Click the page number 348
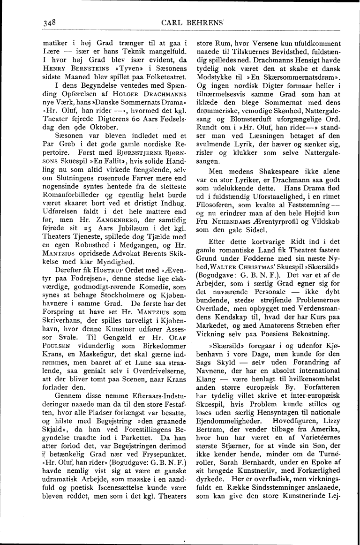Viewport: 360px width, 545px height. coord(49,22)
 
